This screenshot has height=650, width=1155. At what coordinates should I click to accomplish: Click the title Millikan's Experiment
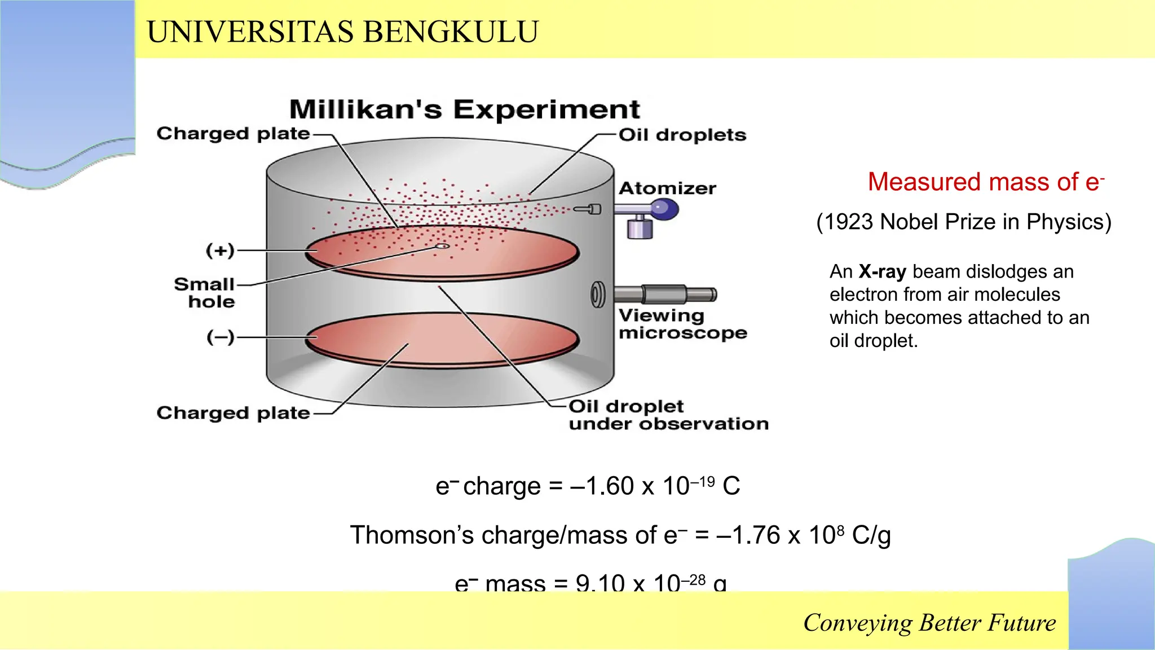464,109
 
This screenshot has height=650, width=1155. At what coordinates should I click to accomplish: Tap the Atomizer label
667,188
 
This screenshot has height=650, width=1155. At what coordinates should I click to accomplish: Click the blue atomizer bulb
664,210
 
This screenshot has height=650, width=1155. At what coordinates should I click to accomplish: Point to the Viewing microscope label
682,324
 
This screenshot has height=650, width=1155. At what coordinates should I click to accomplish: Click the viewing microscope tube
665,295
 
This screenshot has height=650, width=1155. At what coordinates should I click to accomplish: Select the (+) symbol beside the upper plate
220,251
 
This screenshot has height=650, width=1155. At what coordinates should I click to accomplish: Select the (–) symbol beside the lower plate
220,337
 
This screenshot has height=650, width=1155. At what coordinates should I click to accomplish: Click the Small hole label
205,293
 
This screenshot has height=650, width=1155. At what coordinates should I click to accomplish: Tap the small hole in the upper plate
443,246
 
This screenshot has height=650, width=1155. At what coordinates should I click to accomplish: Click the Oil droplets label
682,135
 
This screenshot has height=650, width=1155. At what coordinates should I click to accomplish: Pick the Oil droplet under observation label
668,415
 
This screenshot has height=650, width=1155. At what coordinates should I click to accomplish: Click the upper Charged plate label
233,134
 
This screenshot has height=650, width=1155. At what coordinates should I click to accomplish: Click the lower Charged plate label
233,413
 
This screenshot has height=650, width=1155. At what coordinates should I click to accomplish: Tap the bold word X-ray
882,272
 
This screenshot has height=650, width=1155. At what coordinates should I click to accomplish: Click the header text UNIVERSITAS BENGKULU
342,32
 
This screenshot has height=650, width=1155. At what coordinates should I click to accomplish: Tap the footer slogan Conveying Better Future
929,623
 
